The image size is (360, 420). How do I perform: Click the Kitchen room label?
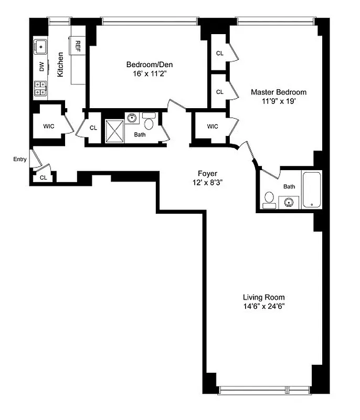pyautogui.click(x=61, y=65)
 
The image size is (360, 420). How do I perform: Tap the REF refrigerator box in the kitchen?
pyautogui.click(x=78, y=44)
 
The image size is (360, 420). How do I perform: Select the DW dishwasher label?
pyautogui.click(x=41, y=67)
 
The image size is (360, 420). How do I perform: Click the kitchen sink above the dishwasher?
pyautogui.click(x=40, y=47)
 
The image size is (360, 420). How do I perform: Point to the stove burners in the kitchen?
pyautogui.click(x=40, y=88)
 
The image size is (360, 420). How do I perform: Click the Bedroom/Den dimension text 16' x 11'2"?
pyautogui.click(x=150, y=75)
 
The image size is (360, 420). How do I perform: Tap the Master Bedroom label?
pyautogui.click(x=278, y=92)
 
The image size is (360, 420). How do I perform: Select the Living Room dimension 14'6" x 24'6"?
pyautogui.click(x=263, y=306)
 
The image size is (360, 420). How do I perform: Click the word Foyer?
pyautogui.click(x=207, y=173)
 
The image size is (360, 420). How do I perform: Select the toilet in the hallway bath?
pyautogui.click(x=149, y=123)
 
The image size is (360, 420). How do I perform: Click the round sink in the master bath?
pyautogui.click(x=288, y=202)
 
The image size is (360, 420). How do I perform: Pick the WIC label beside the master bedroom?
pyautogui.click(x=213, y=127)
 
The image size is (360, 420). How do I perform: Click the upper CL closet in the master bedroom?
pyautogui.click(x=219, y=53)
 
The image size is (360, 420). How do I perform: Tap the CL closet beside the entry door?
pyautogui.click(x=43, y=177)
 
